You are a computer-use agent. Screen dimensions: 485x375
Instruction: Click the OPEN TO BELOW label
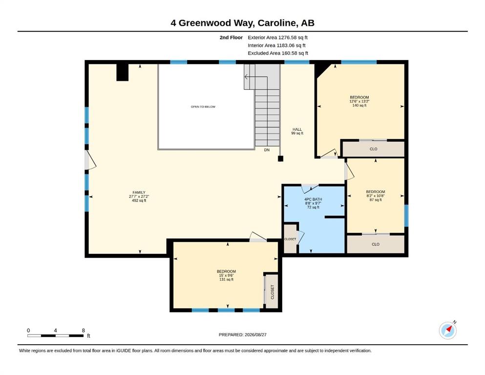(x=203, y=106)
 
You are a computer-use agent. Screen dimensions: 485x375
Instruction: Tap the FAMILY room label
(x=139, y=192)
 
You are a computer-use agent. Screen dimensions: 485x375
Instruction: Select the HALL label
(x=297, y=129)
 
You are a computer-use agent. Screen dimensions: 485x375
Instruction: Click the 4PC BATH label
(x=313, y=199)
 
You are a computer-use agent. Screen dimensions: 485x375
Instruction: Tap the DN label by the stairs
(x=267, y=150)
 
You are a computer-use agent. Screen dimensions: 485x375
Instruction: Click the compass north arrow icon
(x=447, y=330)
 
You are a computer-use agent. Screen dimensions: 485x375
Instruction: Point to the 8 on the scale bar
(x=83, y=330)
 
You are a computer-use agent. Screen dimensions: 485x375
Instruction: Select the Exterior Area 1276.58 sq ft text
(x=277, y=38)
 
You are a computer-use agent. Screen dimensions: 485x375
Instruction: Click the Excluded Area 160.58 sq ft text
(x=278, y=53)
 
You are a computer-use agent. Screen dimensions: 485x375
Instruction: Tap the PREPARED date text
(x=242, y=334)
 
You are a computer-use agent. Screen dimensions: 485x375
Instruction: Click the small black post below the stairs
(x=280, y=159)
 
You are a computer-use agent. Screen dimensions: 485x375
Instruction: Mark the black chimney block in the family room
(x=122, y=72)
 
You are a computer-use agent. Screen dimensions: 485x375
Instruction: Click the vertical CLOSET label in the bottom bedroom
(x=273, y=292)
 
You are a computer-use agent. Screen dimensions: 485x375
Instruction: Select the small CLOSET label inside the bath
(x=290, y=239)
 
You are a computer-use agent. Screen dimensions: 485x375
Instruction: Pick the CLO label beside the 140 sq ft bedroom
(x=373, y=149)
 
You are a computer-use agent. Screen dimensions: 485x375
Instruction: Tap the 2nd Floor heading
(x=231, y=38)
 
